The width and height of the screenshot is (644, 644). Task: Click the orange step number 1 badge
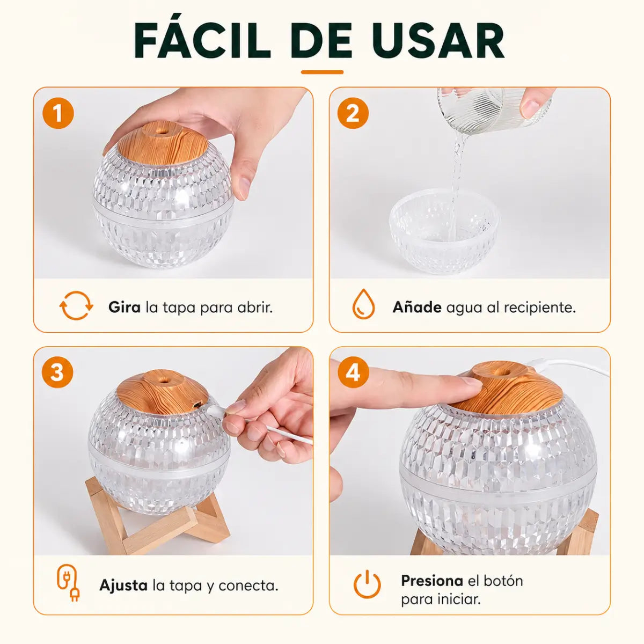pos(58,113)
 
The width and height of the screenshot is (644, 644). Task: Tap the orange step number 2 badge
pos(353,113)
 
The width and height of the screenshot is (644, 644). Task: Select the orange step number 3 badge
pos(57,372)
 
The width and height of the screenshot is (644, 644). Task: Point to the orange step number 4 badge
pos(353,372)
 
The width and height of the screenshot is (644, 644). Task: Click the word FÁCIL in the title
pos(202,40)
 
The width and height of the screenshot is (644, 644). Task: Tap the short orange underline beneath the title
pos(322,72)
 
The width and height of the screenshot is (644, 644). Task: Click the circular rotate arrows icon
pos(76,305)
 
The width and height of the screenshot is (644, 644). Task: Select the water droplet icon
pos(364,304)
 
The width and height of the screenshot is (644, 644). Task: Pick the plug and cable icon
pos(68,583)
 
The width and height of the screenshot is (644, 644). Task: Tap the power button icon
pos(367,584)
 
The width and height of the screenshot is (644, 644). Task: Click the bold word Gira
pos(125,308)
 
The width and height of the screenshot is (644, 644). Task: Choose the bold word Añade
pos(417,307)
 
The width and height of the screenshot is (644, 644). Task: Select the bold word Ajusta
pos(123,586)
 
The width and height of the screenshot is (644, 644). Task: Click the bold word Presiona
pos(432,581)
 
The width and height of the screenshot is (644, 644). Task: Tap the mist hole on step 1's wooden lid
pos(161,131)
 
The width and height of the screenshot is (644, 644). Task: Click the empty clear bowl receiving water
pos(445,231)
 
